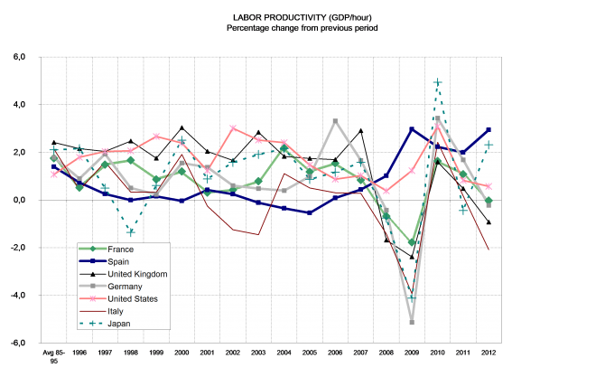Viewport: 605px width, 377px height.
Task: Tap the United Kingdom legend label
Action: coord(136,274)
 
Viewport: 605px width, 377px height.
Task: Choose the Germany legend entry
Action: coord(126,286)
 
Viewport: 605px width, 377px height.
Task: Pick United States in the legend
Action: coord(133,298)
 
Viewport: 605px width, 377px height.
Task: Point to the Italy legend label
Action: coord(116,311)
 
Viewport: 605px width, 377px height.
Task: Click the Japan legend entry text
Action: coord(119,323)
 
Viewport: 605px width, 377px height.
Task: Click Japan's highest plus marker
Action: coord(437,82)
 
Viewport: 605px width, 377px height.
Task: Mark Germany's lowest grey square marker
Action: coord(412,322)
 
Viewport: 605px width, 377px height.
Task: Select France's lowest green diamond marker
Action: coord(412,242)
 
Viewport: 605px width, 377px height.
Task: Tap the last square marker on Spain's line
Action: coord(489,130)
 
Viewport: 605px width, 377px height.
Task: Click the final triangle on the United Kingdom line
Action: coord(489,222)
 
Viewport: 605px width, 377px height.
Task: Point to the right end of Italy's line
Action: coord(489,250)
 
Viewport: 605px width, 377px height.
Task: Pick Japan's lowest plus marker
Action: coord(412,298)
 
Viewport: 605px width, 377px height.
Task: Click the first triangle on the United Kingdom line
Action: coord(54,142)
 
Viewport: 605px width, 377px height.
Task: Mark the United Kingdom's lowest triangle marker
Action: coord(412,257)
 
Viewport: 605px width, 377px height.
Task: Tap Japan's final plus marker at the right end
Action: coord(489,145)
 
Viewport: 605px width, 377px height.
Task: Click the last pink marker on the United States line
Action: coord(489,186)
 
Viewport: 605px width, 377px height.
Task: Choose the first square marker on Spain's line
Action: coord(54,166)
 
